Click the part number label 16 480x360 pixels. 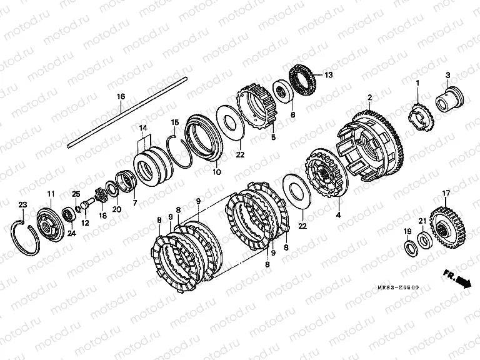pyautogui.click(x=121, y=97)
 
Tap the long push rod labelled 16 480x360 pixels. pyautogui.click(x=127, y=113)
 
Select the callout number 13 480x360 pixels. pyautogui.click(x=328, y=75)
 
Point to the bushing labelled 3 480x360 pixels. pyautogui.click(x=450, y=99)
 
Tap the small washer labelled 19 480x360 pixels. pyautogui.click(x=411, y=249)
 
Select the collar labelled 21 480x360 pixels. pyautogui.click(x=424, y=240)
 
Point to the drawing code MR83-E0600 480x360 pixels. pyautogui.click(x=398, y=287)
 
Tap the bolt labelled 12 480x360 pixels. pyautogui.click(x=87, y=204)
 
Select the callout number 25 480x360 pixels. pyautogui.click(x=76, y=194)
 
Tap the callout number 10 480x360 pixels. pyautogui.click(x=216, y=172)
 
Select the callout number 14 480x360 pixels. pyautogui.click(x=143, y=128)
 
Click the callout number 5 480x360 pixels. pyautogui.click(x=273, y=137)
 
